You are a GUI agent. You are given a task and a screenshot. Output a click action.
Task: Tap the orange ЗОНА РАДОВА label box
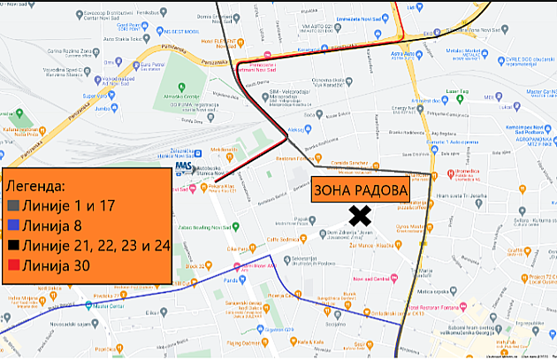pyautogui.click(x=362, y=190)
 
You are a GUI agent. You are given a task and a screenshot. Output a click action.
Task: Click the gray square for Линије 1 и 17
pyautogui.click(x=13, y=204)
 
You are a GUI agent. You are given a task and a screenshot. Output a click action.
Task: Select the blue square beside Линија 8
pyautogui.click(x=13, y=225)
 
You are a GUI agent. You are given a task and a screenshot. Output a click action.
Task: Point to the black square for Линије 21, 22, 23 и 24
pyautogui.click(x=13, y=245)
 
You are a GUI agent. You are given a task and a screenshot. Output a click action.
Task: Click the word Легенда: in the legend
pyautogui.click(x=35, y=186)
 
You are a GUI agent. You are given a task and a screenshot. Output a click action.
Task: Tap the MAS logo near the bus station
pyautogui.click(x=184, y=165)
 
